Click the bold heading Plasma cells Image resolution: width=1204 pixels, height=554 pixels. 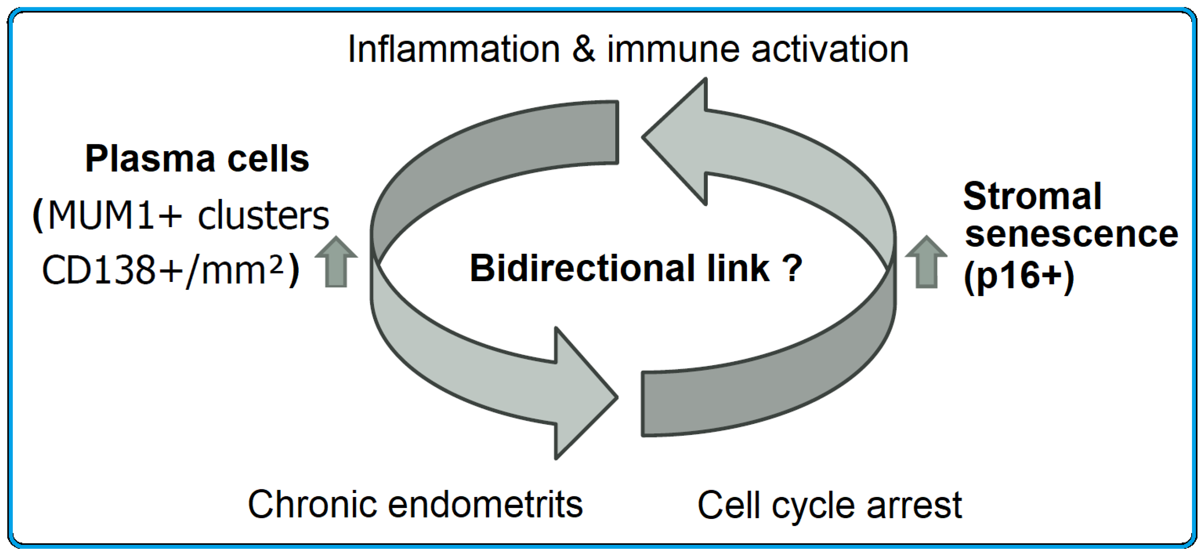pos(197,159)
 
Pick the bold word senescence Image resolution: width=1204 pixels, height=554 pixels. pos(1071,234)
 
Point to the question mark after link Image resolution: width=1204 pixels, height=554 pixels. pos(793,269)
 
